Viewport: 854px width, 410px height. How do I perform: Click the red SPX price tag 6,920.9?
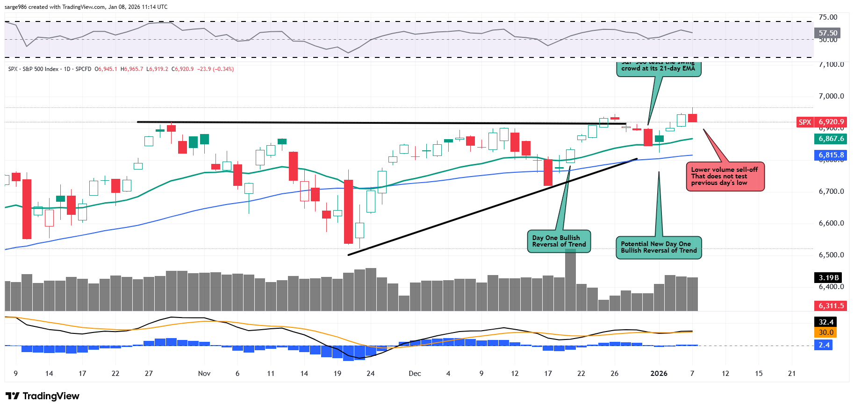click(x=831, y=122)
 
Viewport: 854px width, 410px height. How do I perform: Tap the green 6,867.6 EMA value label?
click(x=831, y=139)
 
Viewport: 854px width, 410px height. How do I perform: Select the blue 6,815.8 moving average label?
click(x=831, y=155)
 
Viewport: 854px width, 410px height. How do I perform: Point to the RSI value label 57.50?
click(x=828, y=33)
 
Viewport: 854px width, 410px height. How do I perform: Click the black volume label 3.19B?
click(x=828, y=278)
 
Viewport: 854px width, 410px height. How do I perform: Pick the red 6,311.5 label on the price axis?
click(x=831, y=306)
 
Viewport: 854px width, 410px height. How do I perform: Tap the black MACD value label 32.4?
click(x=826, y=322)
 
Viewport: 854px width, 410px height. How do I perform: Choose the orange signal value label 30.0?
click(x=826, y=332)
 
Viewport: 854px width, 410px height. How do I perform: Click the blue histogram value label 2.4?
click(x=824, y=345)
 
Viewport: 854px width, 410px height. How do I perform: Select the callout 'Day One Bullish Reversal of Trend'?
click(x=559, y=241)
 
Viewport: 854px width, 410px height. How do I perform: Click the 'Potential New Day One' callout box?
click(x=659, y=247)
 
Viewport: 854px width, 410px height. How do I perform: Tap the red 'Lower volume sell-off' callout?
click(x=725, y=177)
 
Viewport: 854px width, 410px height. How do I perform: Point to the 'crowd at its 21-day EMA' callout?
click(x=658, y=68)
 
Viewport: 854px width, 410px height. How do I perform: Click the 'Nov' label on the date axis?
click(x=204, y=374)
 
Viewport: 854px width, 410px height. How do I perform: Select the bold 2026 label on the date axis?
click(x=659, y=374)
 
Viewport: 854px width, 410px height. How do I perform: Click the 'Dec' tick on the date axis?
click(x=415, y=374)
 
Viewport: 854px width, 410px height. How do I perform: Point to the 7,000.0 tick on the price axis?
click(x=831, y=96)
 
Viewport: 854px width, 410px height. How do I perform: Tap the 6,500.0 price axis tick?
click(x=831, y=255)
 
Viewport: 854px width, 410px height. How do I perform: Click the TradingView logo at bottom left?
click(x=43, y=396)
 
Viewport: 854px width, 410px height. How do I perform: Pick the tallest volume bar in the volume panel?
click(x=570, y=280)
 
